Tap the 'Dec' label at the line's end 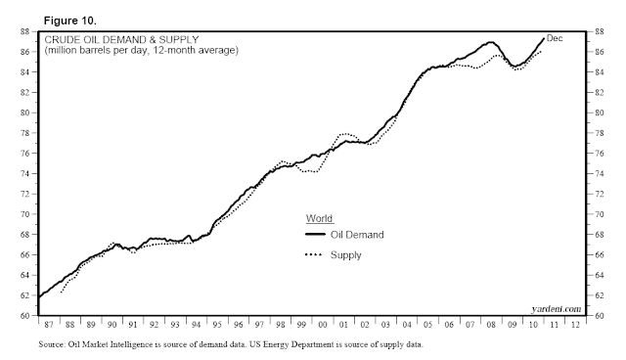pyautogui.click(x=555, y=38)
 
